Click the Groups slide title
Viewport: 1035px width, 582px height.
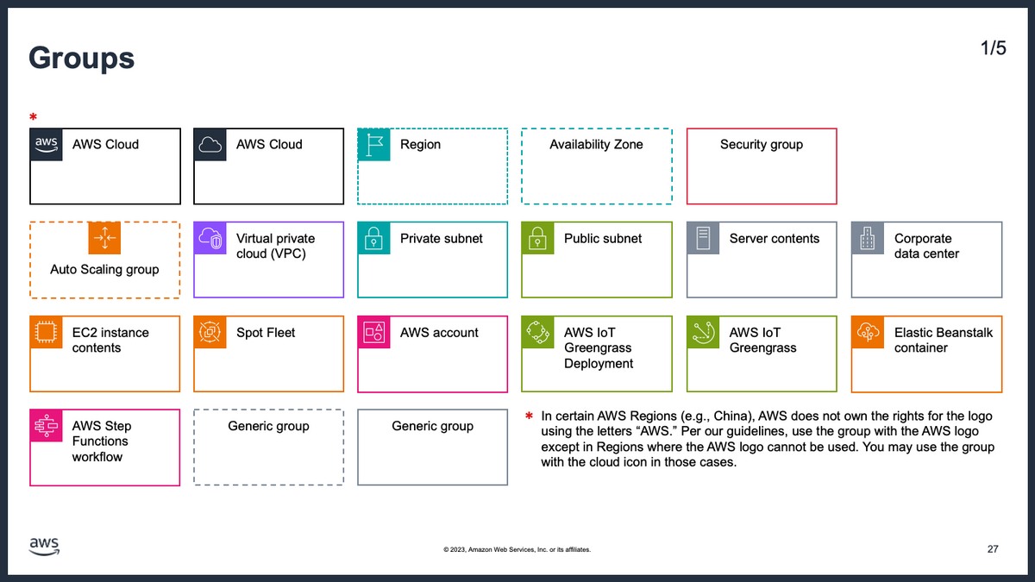point(81,59)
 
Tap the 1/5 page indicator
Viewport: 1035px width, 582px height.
point(993,48)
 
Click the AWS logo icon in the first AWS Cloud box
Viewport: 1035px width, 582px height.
point(47,145)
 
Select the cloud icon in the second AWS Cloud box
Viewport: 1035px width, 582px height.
point(210,145)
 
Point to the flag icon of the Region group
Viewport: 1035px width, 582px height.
point(373,145)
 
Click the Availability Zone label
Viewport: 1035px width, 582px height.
point(596,145)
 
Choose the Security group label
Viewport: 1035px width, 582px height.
point(762,145)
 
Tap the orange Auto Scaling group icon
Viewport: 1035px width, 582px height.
point(104,238)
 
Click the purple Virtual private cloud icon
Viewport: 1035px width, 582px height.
point(210,238)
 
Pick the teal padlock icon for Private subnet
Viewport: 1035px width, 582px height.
point(373,238)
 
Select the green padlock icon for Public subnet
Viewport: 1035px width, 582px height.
point(538,238)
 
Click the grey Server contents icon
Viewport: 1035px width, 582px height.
point(703,238)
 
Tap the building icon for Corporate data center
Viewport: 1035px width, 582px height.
point(868,238)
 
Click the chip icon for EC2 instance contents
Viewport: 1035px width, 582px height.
point(47,333)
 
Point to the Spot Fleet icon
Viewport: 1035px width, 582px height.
point(210,333)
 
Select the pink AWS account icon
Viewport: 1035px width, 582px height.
point(373,333)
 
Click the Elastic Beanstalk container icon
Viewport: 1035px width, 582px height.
point(868,333)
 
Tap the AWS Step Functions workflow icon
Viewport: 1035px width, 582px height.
point(47,426)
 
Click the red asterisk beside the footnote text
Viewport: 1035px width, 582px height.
point(529,416)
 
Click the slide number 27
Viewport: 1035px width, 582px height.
point(993,549)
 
